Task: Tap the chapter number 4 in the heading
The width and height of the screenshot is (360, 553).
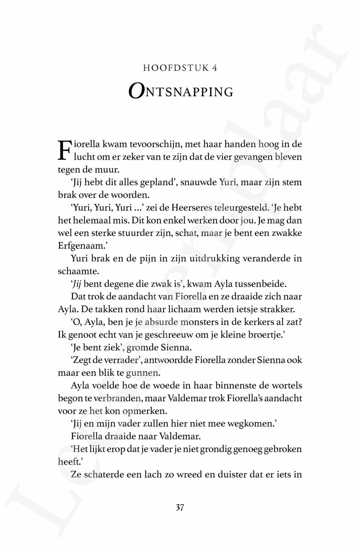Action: (x=215, y=68)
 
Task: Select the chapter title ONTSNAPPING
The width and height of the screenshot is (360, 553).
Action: (x=181, y=91)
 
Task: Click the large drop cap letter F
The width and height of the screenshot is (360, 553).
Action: (x=64, y=150)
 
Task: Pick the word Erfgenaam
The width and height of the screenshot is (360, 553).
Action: (x=79, y=246)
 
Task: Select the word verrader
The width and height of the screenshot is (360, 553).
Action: (x=116, y=360)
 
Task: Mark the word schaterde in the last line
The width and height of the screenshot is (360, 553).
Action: (x=102, y=475)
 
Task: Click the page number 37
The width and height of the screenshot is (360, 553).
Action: (x=180, y=508)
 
